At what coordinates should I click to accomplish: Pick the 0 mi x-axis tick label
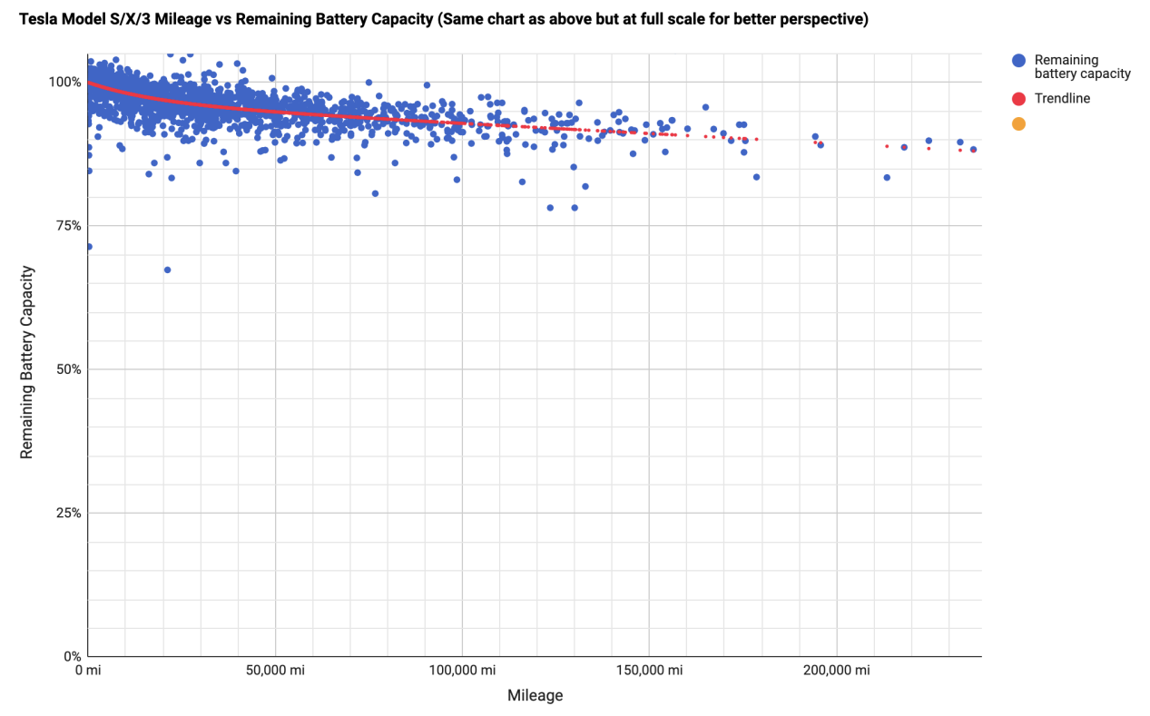pyautogui.click(x=87, y=671)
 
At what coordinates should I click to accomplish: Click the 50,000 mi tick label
pyautogui.click(x=274, y=671)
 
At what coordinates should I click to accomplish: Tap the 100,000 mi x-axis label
pyautogui.click(x=462, y=671)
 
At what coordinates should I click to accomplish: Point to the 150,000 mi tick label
pyautogui.click(x=649, y=671)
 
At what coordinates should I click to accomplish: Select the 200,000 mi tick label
pyautogui.click(x=836, y=671)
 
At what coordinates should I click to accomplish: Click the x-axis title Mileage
pyautogui.click(x=535, y=696)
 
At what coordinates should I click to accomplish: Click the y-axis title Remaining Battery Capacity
pyautogui.click(x=27, y=362)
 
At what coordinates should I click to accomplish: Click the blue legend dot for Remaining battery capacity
pyautogui.click(x=1018, y=60)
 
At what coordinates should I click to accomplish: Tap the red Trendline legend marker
pyautogui.click(x=1018, y=98)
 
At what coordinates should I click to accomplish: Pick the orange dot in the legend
pyautogui.click(x=1018, y=123)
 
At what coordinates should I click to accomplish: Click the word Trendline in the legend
pyautogui.click(x=1062, y=98)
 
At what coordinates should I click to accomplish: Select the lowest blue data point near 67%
pyautogui.click(x=167, y=270)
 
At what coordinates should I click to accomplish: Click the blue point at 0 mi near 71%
pyautogui.click(x=88, y=246)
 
